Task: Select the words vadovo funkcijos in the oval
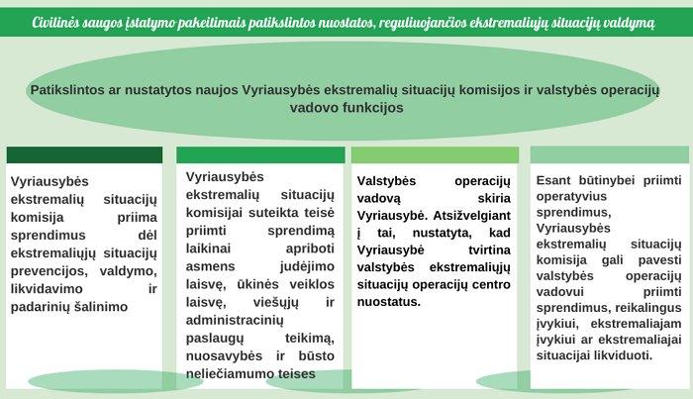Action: point(346,107)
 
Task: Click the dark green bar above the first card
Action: point(84,155)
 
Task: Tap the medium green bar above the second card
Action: point(260,155)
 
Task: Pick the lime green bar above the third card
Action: point(435,155)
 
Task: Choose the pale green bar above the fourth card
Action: point(610,154)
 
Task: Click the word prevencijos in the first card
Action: point(50,271)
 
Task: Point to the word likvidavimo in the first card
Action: point(47,288)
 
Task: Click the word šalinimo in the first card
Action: point(102,307)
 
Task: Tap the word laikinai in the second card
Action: point(208,249)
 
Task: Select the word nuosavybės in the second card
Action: point(224,356)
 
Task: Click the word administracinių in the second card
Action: point(235,321)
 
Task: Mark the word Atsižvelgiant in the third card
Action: point(471,216)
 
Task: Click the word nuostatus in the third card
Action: point(388,302)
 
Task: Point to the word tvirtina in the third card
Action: point(489,250)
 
